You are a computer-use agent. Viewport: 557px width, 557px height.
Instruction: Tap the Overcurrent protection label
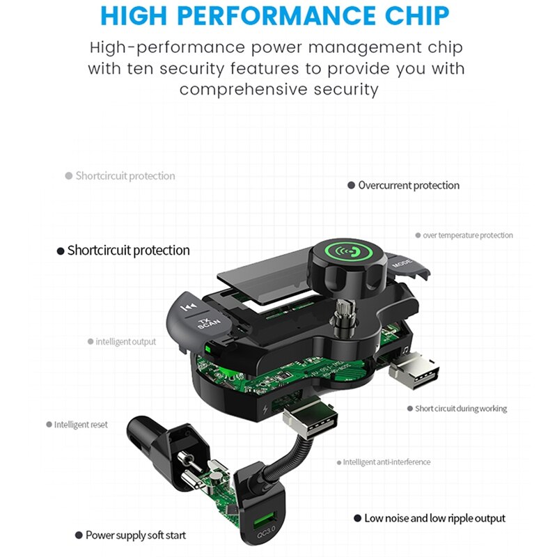click(x=409, y=185)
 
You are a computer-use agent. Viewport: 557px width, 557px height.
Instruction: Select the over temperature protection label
click(x=468, y=235)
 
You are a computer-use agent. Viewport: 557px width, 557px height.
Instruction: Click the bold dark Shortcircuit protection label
click(x=128, y=251)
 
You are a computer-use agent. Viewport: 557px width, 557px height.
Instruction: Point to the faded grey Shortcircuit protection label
click(x=125, y=176)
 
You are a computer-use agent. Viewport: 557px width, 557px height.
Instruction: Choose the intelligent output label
click(x=126, y=342)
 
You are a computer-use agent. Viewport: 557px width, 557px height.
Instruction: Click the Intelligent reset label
click(x=81, y=425)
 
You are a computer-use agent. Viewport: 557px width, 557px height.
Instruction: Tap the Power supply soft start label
click(x=136, y=535)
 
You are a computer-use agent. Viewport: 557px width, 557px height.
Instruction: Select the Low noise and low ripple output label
click(x=434, y=519)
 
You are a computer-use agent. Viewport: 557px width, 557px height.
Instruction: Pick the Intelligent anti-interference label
click(x=386, y=462)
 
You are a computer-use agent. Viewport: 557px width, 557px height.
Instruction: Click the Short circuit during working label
click(x=461, y=409)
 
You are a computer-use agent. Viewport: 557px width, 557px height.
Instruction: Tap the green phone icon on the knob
click(x=350, y=252)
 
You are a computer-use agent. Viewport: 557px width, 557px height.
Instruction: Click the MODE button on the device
click(x=402, y=264)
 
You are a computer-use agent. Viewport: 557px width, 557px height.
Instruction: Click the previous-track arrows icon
click(x=189, y=306)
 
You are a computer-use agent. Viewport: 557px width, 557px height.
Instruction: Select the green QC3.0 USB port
click(x=265, y=520)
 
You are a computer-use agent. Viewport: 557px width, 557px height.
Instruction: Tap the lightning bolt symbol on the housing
click(x=265, y=410)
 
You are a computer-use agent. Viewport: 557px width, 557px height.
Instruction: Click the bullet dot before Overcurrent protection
click(x=351, y=185)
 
